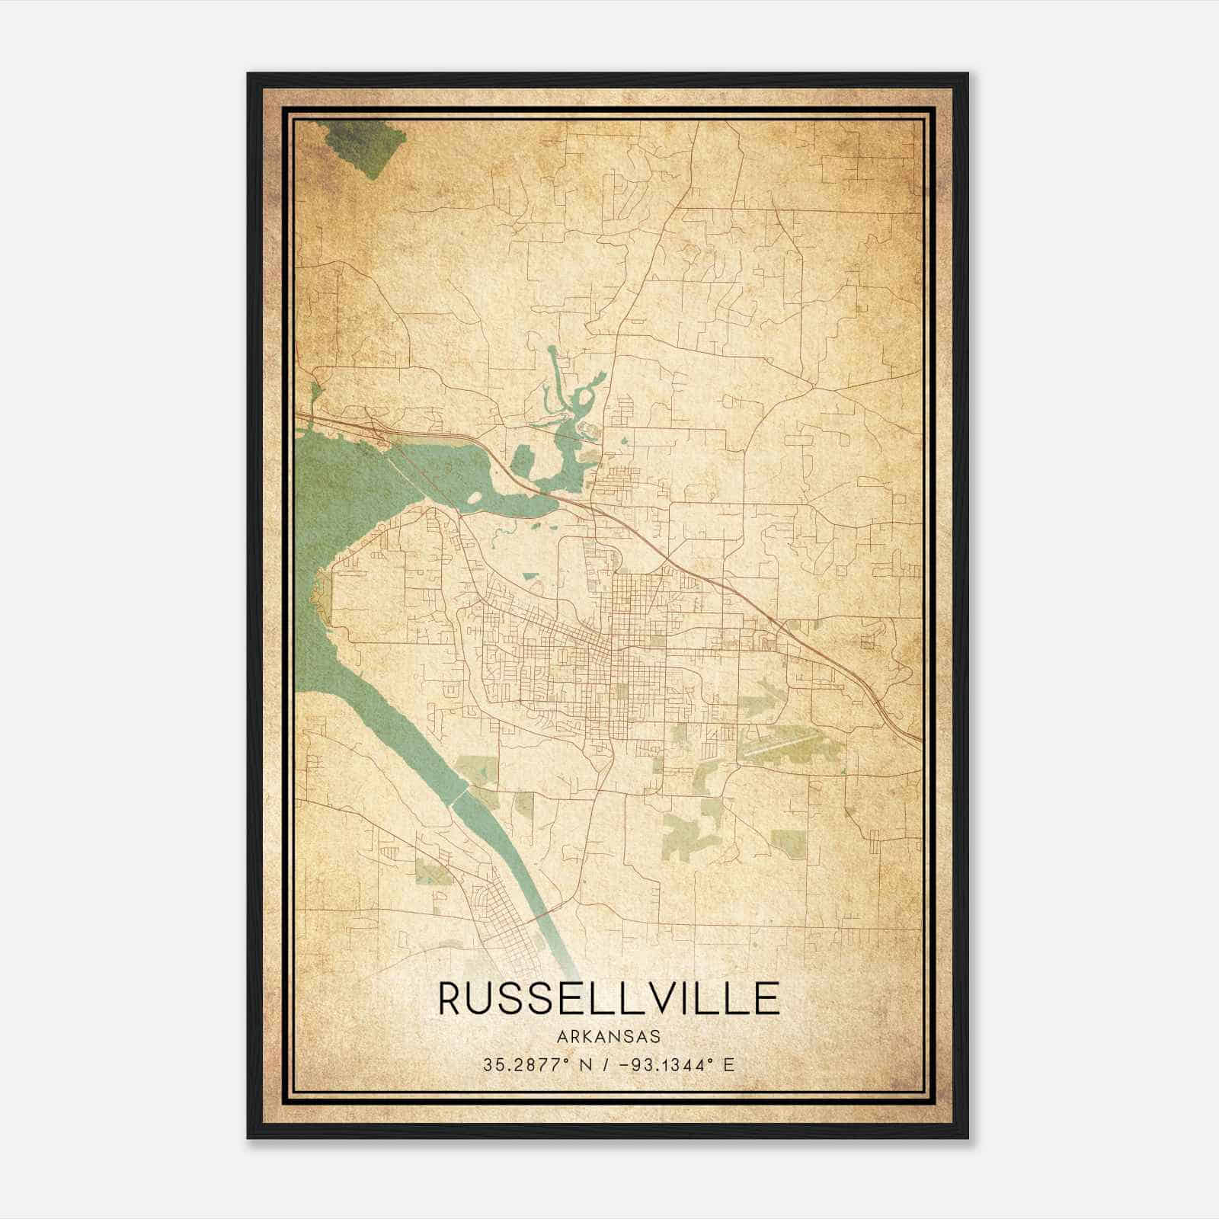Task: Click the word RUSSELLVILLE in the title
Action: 609,998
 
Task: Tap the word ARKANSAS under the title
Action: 609,1037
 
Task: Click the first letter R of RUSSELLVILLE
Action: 450,998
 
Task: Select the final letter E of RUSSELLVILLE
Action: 769,998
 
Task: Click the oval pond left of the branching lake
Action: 520,461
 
